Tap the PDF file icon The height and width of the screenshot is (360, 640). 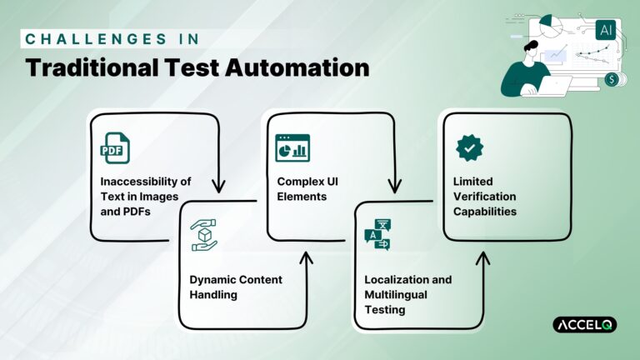tap(115, 147)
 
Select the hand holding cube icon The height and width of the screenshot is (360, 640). tap(204, 235)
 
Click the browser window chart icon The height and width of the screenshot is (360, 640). tap(292, 147)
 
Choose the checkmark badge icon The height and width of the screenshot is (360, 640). tap(469, 147)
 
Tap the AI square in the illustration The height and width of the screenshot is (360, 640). tap(605, 30)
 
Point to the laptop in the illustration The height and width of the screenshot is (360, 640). tap(553, 84)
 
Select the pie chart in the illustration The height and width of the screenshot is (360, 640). tap(550, 23)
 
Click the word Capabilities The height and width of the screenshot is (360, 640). tap(484, 211)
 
